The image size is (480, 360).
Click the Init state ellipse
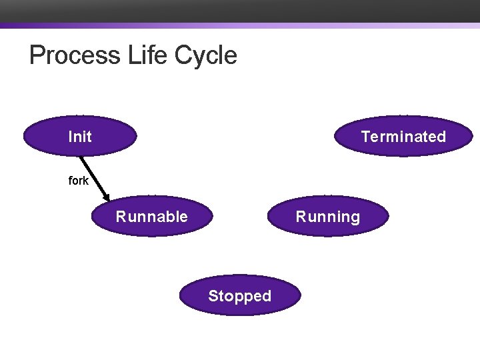(x=80, y=137)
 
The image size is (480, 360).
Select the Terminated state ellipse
(x=403, y=137)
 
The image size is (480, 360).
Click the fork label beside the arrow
(x=79, y=181)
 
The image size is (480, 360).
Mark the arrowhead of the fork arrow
(x=107, y=197)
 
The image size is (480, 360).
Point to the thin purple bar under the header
(x=240, y=26)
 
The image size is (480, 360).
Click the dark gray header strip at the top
(x=240, y=11)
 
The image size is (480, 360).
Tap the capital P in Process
(x=37, y=55)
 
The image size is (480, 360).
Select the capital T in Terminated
(x=365, y=137)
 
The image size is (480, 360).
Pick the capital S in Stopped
(x=213, y=296)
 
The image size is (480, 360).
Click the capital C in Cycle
(x=183, y=55)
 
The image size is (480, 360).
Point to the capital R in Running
(x=301, y=217)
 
